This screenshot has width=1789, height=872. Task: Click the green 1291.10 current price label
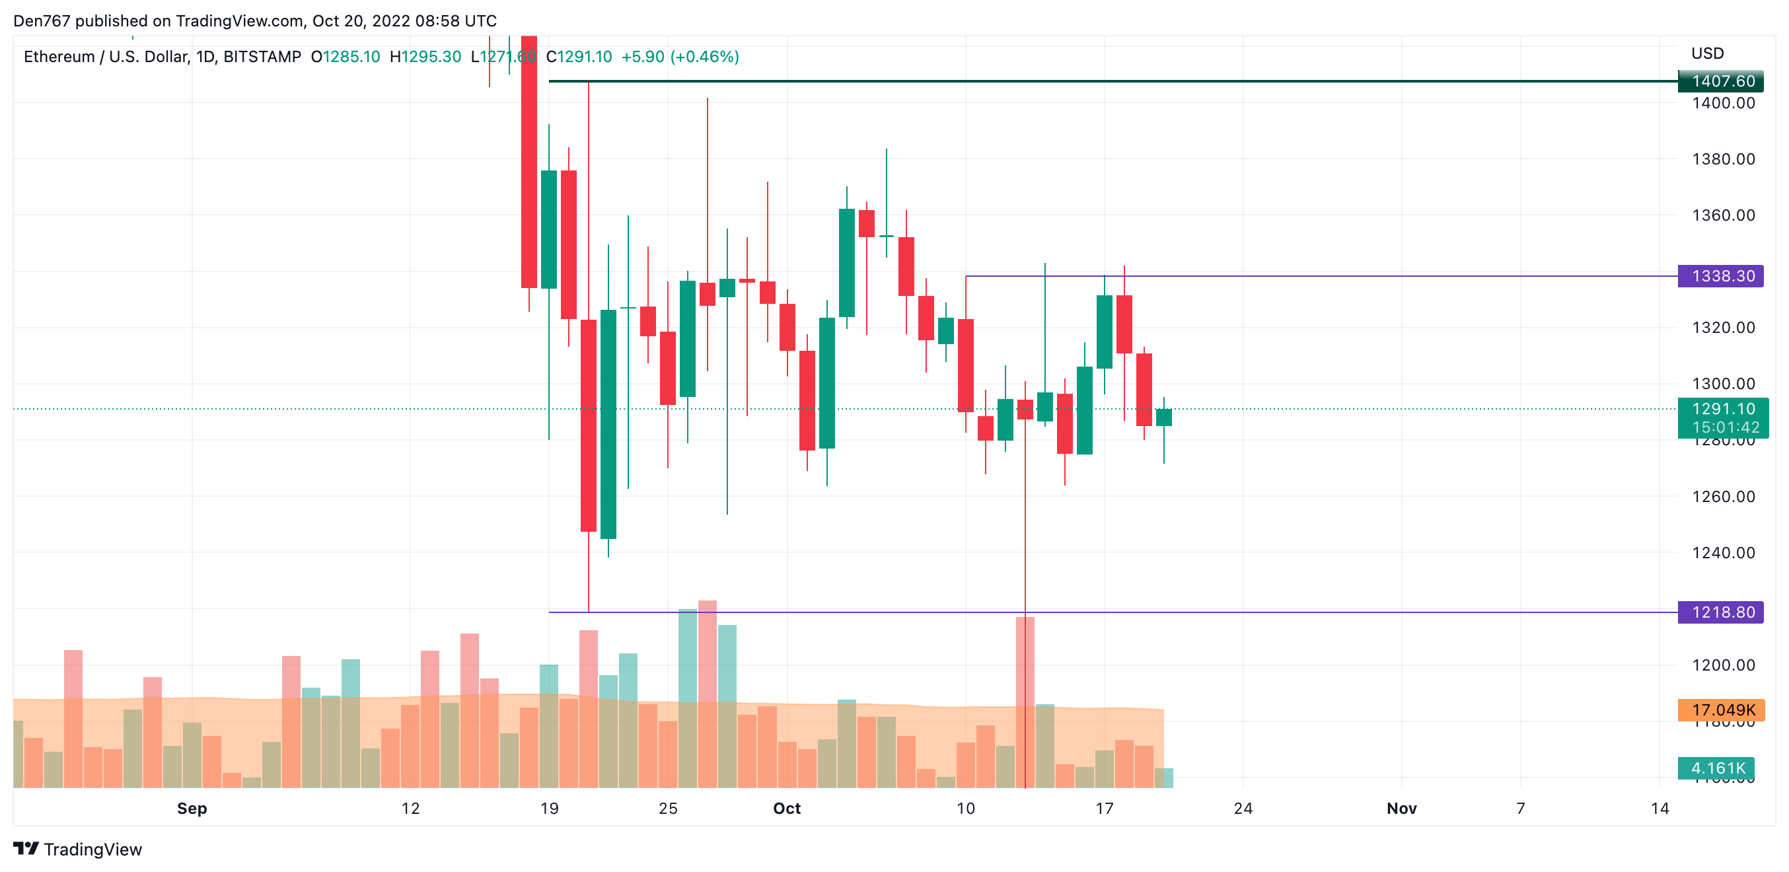[x=1722, y=410]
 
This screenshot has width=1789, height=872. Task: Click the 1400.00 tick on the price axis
[x=1722, y=104]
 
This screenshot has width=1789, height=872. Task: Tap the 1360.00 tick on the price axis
[x=1722, y=215]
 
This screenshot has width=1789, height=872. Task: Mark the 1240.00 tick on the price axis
[x=1722, y=554]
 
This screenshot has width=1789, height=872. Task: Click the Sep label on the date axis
[x=192, y=809]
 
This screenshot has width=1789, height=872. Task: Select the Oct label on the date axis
[x=786, y=809]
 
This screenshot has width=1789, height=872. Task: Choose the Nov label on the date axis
[x=1401, y=809]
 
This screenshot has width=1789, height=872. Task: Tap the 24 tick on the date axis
[x=1243, y=809]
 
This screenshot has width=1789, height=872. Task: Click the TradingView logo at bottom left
[x=77, y=850]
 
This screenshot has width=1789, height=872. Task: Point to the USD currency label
[x=1707, y=54]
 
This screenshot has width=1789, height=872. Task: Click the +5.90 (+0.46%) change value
[x=679, y=57]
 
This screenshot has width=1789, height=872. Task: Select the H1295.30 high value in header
[x=425, y=57]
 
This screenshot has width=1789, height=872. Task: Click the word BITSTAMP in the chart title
[x=262, y=57]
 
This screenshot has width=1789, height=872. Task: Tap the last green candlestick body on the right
[x=1163, y=418]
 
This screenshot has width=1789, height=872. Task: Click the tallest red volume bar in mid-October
[x=1025, y=701]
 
